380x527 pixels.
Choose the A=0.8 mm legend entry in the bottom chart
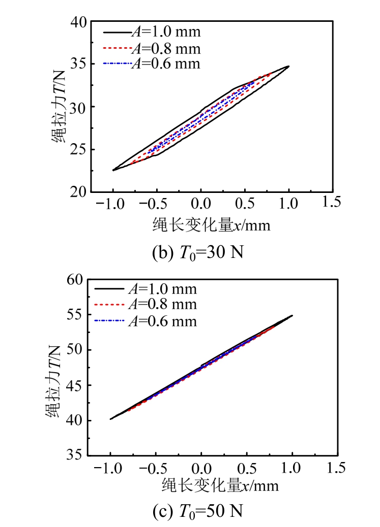[x=145, y=305]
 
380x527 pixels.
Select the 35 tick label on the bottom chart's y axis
[x=75, y=455]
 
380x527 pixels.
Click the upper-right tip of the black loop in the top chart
[x=288, y=66]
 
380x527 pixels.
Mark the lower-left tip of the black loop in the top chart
[x=113, y=170]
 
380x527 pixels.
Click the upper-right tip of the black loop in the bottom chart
[x=292, y=315]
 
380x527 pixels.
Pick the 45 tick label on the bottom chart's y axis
[x=75, y=385]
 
